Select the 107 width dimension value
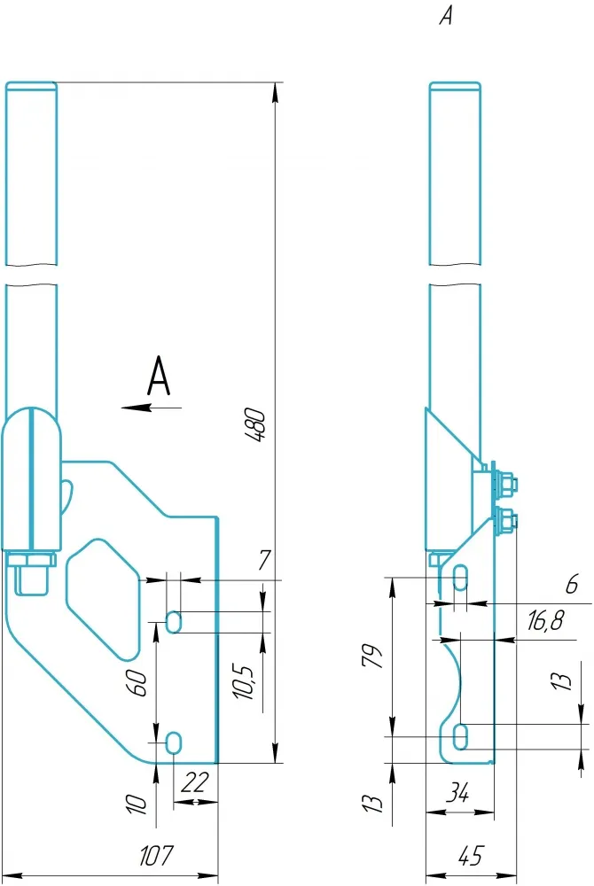coord(157,857)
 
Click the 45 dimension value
coord(472,857)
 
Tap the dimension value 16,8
coord(544,623)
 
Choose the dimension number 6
coord(571,584)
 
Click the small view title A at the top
coord(446,17)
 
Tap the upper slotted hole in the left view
coord(175,622)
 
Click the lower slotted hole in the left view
coord(175,742)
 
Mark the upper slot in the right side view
coord(460,579)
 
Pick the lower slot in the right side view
coord(460,735)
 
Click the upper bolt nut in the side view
coord(508,484)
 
